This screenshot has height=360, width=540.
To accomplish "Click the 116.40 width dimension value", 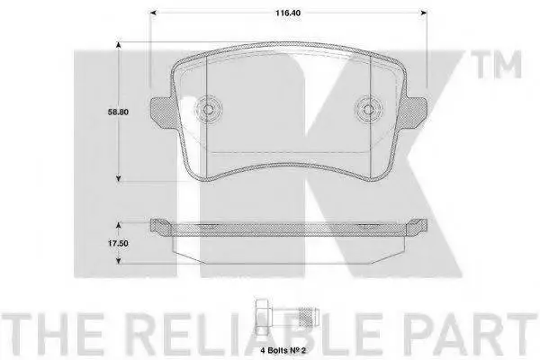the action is [288, 13].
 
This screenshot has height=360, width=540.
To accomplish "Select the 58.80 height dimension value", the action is [118, 112].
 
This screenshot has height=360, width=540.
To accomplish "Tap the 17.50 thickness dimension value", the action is [118, 243].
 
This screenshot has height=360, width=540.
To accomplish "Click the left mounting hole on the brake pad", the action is [209, 110].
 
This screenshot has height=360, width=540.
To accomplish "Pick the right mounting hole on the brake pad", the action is [368, 110].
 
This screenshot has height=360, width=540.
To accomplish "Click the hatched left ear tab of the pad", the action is [164, 112].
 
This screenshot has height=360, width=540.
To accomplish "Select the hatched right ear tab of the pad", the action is [414, 112].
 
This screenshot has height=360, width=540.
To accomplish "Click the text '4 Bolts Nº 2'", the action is [283, 351].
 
